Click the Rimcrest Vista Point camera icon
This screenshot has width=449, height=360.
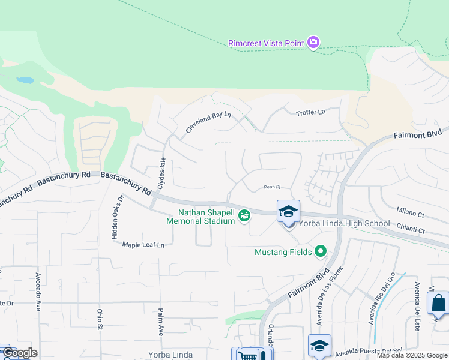[313, 42]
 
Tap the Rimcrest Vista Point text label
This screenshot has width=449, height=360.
[266, 43]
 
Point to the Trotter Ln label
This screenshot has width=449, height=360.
[310, 112]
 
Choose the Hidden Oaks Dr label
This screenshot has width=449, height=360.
[116, 217]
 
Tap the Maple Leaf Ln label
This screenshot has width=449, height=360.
[143, 245]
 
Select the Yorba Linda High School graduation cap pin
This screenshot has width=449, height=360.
[288, 212]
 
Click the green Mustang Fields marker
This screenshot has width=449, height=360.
[321, 252]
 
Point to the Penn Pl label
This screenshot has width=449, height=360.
[272, 187]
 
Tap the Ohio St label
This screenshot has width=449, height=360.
[100, 319]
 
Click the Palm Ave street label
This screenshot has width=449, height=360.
[161, 322]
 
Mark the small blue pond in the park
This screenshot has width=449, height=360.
[25, 80]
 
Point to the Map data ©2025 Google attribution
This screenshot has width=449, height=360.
[412, 355]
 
